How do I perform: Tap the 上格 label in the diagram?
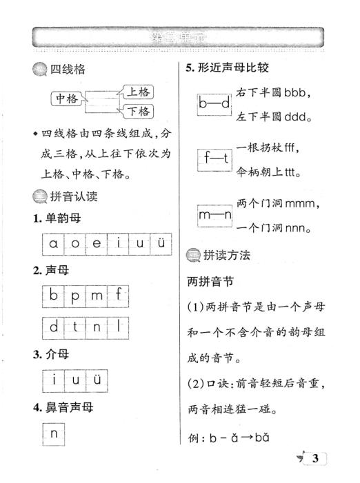[x=137, y=91]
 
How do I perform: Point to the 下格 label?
[x=138, y=111]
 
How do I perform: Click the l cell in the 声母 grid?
[x=119, y=328]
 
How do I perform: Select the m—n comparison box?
[x=214, y=216]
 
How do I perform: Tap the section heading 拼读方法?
[x=226, y=254]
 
